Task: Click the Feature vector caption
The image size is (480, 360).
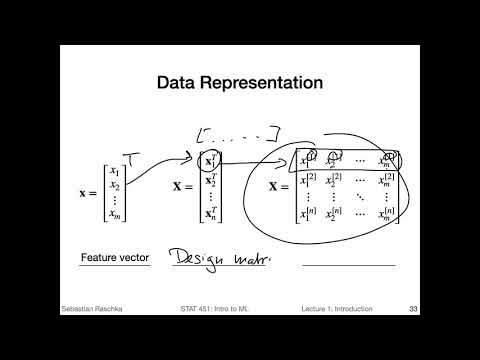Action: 115,258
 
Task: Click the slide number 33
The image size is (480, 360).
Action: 413,308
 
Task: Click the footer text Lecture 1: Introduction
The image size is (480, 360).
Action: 337,308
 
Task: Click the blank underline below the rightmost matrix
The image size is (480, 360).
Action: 349,265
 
